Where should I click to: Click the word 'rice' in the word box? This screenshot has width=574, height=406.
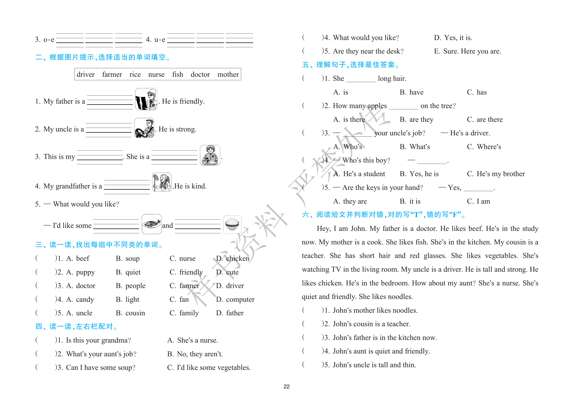point(135,75)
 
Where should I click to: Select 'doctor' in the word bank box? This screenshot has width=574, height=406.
point(200,75)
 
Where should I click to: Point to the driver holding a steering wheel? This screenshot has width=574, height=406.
point(144,128)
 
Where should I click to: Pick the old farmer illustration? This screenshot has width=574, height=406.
point(162,182)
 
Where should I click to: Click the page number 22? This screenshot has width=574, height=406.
point(286,386)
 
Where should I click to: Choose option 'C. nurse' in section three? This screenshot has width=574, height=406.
point(183,258)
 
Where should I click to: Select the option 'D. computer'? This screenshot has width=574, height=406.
point(235,299)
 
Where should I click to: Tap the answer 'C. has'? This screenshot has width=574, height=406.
point(476,92)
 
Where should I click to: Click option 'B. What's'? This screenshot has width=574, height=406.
point(415,147)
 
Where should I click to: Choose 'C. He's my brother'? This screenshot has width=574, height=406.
point(496,174)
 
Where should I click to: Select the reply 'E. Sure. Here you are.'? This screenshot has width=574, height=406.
point(468,51)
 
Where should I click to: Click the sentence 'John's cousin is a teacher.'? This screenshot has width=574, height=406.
point(371,324)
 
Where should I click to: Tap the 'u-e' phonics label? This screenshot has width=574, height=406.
point(160,40)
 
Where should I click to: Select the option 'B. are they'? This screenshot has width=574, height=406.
point(416,120)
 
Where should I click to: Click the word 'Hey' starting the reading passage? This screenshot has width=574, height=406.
point(323,229)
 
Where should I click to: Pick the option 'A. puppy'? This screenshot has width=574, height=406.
point(81,272)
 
